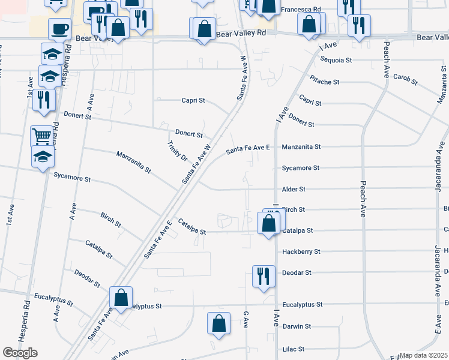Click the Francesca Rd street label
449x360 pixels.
(301, 10)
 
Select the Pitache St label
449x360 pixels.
(325, 80)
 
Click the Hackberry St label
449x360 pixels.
(301, 251)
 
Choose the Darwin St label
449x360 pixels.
(297, 326)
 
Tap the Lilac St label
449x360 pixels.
(294, 349)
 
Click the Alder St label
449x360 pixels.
(294, 189)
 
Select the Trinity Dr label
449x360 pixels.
(178, 151)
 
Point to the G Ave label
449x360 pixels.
(246, 319)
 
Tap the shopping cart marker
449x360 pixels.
(41, 137)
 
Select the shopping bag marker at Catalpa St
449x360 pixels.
(268, 224)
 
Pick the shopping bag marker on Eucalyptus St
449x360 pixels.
(121, 298)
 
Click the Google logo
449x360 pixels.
(20, 353)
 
